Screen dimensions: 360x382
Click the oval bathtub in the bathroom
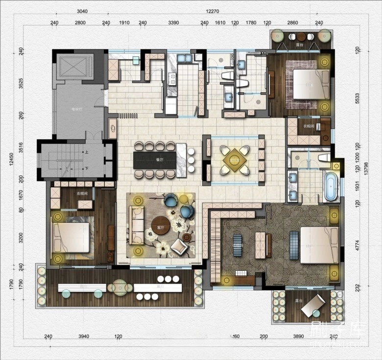click(x=331, y=187)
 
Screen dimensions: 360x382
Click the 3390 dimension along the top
click(x=174, y=23)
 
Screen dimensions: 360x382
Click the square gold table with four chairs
click(x=234, y=160)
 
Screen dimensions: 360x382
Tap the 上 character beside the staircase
click(x=87, y=152)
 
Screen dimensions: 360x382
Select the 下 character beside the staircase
click(x=87, y=168)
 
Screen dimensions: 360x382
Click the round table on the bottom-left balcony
click(x=119, y=288)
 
